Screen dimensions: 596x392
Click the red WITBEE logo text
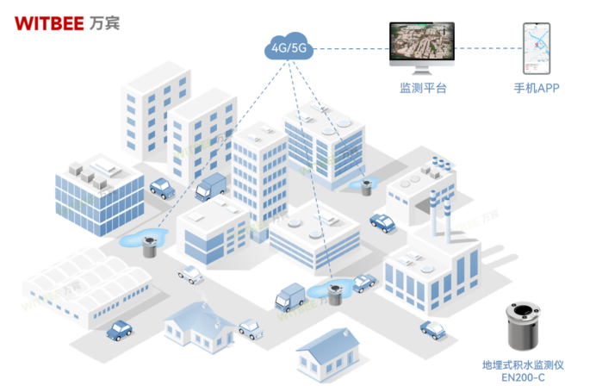49,23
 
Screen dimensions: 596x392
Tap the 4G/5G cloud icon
289,46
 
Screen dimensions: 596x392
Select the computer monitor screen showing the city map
422,41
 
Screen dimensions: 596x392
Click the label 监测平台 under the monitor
423,88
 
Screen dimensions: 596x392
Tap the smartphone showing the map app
537,48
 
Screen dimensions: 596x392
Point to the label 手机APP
537,88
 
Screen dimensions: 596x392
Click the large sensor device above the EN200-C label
523,327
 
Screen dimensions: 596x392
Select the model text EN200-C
523,377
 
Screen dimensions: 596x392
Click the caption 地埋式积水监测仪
523,365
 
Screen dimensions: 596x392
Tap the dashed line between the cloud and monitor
351,48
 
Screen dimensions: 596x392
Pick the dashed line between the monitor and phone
488,48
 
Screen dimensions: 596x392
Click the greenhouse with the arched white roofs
88,287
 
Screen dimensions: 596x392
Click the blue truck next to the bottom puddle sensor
290,297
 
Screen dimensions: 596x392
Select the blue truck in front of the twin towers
210,187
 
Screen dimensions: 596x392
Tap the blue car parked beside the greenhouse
120,331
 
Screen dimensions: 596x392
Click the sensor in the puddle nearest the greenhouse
149,246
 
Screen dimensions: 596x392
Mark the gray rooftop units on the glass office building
88,175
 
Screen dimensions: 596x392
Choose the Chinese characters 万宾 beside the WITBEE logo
104,23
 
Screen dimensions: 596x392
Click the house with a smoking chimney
199,327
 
